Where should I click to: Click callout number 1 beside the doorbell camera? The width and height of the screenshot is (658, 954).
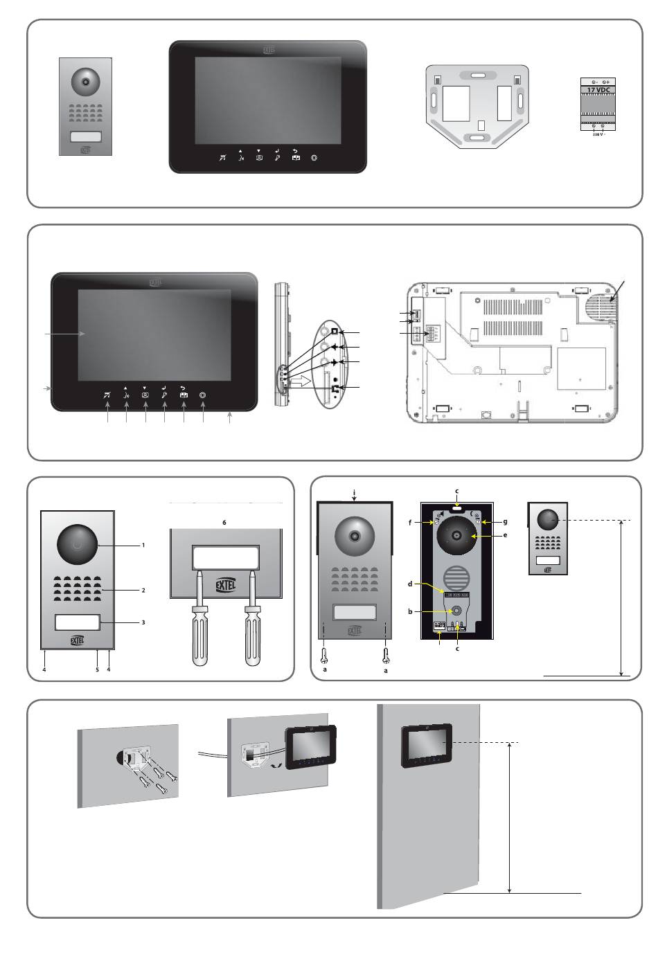[143, 545]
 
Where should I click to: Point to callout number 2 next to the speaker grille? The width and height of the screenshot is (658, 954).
[143, 591]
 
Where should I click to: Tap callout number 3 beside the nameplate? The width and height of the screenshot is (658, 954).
[143, 622]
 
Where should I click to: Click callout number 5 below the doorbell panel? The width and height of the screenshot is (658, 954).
[97, 669]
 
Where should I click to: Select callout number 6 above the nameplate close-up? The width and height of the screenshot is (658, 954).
[224, 522]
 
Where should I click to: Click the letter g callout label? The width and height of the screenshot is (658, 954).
[506, 521]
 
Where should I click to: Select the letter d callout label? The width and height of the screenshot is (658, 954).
[410, 584]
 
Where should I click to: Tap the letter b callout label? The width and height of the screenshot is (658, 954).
[410, 612]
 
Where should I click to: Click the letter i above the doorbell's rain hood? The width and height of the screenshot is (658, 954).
[354, 492]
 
